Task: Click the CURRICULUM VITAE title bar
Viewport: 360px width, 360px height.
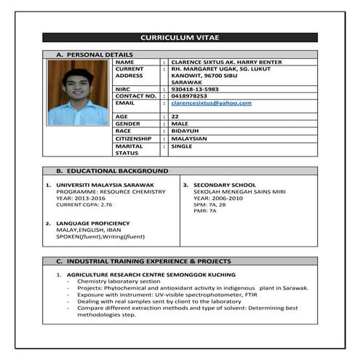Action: click(180, 37)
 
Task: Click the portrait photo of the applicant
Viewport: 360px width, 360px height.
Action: click(77, 92)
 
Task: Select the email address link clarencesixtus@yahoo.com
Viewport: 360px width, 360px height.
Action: click(210, 103)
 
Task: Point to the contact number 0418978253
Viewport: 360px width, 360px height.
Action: click(188, 96)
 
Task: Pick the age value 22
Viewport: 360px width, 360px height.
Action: click(175, 116)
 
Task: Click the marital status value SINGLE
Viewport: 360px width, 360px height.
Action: click(181, 146)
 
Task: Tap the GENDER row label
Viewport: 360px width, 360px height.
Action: click(128, 124)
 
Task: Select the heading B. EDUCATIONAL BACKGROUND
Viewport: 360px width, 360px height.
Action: click(112, 171)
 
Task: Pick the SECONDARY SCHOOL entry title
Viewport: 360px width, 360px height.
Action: click(224, 185)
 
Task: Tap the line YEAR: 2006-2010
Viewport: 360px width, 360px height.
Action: click(216, 198)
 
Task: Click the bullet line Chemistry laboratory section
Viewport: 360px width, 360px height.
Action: click(119, 281)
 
